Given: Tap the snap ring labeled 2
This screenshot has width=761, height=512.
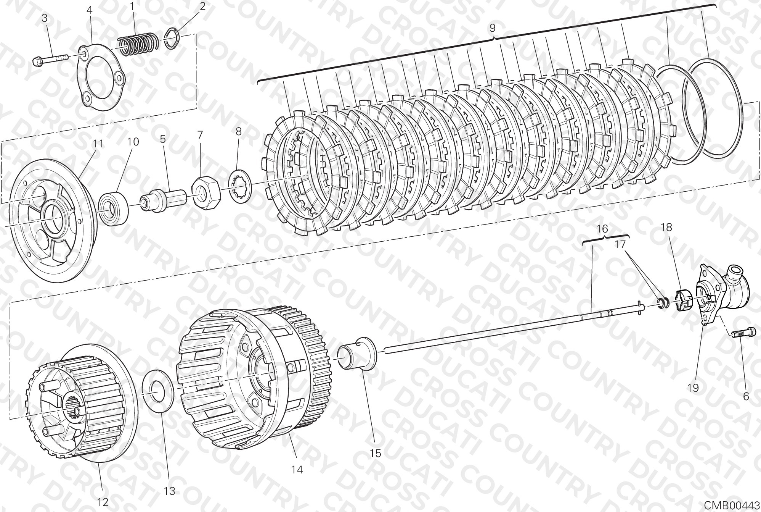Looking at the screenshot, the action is [173, 38].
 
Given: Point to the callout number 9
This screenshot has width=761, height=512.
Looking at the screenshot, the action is [492, 28].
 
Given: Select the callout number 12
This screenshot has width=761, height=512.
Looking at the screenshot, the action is [103, 501].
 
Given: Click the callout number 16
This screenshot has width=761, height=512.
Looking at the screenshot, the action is [602, 229].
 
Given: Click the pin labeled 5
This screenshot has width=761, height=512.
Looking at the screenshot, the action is [163, 199].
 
